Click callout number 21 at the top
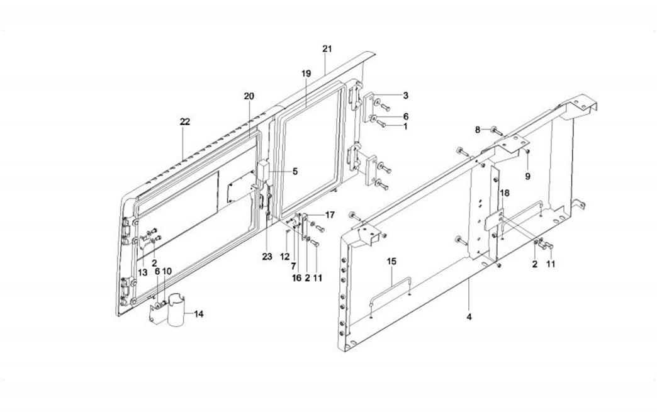326,48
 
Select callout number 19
306,74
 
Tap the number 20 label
249,96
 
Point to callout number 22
184,121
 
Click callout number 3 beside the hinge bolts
406,96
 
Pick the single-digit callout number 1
406,126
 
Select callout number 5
295,171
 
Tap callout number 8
478,130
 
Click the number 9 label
527,177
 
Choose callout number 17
330,215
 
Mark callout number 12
284,256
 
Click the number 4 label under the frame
469,316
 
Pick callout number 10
167,270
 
